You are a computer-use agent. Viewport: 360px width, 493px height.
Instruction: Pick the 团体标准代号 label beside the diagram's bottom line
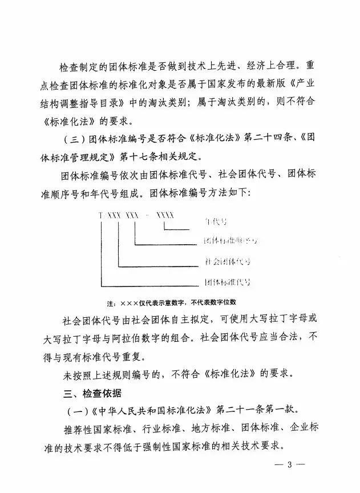point(228,281)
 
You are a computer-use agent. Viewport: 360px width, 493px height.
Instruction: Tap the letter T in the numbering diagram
point(101,214)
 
